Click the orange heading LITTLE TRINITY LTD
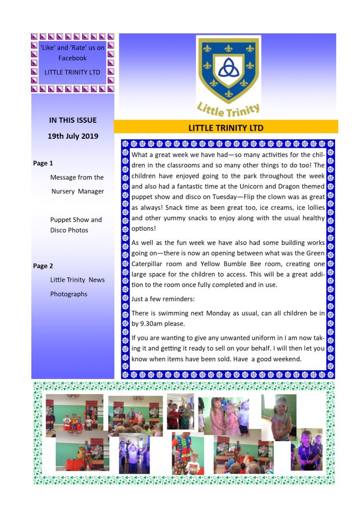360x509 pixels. click(x=226, y=128)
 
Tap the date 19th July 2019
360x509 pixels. click(x=73, y=136)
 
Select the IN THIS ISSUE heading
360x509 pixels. click(x=73, y=120)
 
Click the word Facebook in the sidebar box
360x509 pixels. click(x=72, y=58)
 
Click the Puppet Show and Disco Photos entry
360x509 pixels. click(x=76, y=225)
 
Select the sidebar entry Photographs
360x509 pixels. click(x=69, y=294)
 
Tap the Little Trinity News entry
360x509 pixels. click(x=78, y=280)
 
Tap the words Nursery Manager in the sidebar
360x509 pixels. click(x=78, y=191)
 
